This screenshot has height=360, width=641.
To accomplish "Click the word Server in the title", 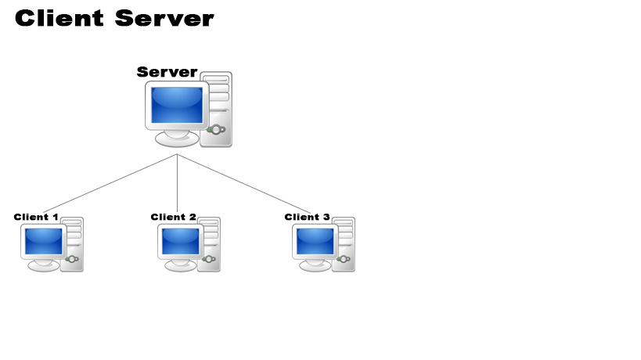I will tap(164, 19).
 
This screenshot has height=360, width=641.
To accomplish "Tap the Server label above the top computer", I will tap(167, 72).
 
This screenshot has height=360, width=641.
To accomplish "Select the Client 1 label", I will tap(36, 217).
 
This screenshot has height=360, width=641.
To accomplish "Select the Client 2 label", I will tap(173, 217).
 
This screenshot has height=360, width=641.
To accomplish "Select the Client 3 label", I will tap(307, 217).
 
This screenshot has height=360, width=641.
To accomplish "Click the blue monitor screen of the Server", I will tap(177, 105).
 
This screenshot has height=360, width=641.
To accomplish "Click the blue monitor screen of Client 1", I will tap(43, 241).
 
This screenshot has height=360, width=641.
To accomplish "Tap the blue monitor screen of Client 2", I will tap(180, 241).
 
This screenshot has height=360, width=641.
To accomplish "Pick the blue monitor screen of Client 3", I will tap(315, 241).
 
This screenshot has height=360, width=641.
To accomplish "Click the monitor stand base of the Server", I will tap(177, 140).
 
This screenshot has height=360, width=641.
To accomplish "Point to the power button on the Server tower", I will tap(216, 129).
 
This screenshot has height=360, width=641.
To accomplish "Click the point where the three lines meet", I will tap(178, 155).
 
